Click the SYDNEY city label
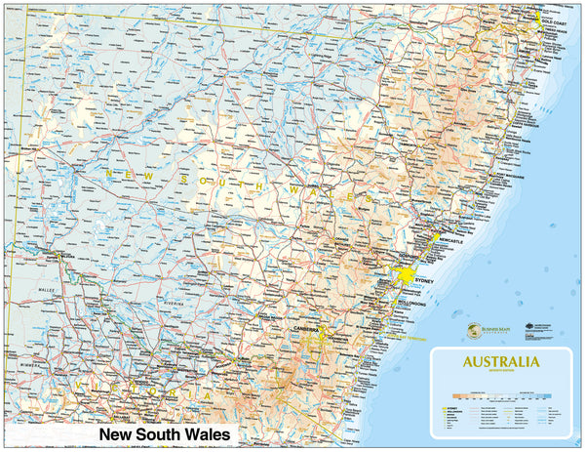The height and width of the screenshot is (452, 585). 422,281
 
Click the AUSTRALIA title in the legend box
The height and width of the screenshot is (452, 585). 500,362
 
